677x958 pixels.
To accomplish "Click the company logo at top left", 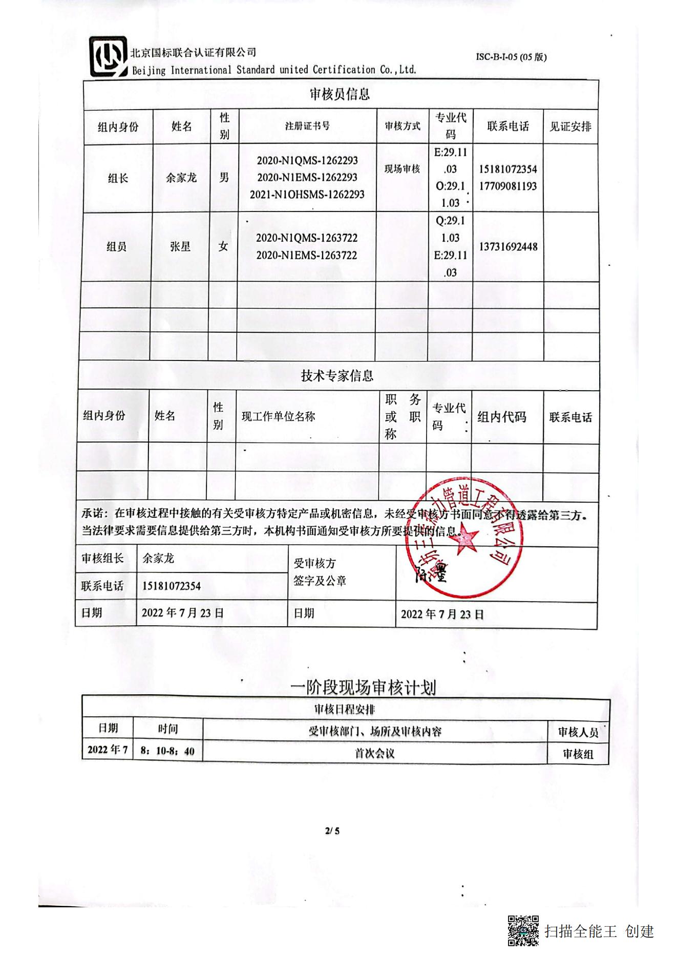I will tap(108, 56).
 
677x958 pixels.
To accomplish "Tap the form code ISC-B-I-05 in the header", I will tap(511, 57).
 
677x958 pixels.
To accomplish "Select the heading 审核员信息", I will tap(340, 94).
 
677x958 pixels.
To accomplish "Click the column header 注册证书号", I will tap(307, 126).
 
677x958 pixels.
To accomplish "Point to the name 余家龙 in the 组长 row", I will tap(181, 178).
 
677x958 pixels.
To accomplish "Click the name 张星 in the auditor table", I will tap(180, 247).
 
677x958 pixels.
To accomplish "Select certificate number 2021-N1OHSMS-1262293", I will tap(307, 195).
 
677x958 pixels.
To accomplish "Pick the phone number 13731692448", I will tap(508, 247).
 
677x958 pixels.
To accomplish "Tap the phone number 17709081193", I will tap(508, 186).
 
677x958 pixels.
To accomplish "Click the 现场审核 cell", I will tap(402, 169).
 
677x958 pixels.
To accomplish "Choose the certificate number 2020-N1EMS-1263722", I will tap(307, 255).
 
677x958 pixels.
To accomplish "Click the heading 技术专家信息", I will tap(337, 376).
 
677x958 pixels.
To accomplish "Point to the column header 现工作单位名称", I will tap(278, 417).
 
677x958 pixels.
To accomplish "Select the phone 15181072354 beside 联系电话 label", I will tap(171, 586).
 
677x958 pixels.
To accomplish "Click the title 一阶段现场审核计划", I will tap(363, 687).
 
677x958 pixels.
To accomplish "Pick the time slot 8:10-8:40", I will tap(167, 751).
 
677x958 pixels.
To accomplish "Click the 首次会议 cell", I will tap(374, 753).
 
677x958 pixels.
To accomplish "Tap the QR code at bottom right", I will tap(523, 930).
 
